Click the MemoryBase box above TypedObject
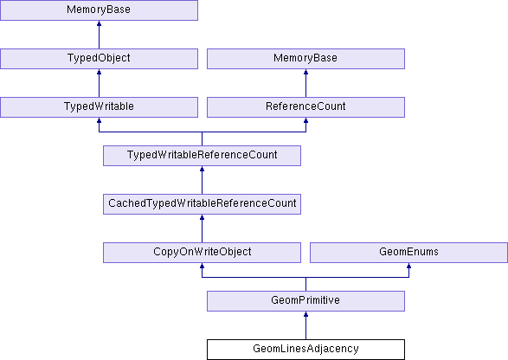click(x=99, y=10)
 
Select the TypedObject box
click(x=99, y=59)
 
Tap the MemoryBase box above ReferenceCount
click(x=305, y=59)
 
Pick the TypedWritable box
click(x=99, y=107)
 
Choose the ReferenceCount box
click(x=305, y=107)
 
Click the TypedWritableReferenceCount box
click(x=202, y=156)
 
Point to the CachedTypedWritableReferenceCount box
click(x=202, y=204)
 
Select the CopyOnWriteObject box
click(x=202, y=253)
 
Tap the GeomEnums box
click(x=408, y=253)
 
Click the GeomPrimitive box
click(x=305, y=300)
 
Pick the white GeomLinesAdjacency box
click(x=305, y=350)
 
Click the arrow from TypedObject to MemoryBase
click(x=99, y=35)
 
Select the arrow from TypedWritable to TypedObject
click(x=99, y=83)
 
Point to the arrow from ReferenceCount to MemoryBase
click(x=305, y=83)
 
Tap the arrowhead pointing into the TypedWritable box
click(x=99, y=120)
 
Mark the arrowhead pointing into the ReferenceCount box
click(x=305, y=120)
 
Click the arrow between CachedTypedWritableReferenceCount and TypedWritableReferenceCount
click(x=202, y=180)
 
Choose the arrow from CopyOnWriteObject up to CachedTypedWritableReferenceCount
click(x=202, y=228)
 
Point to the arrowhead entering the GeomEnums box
click(x=408, y=266)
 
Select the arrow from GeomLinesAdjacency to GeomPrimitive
click(x=305, y=325)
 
